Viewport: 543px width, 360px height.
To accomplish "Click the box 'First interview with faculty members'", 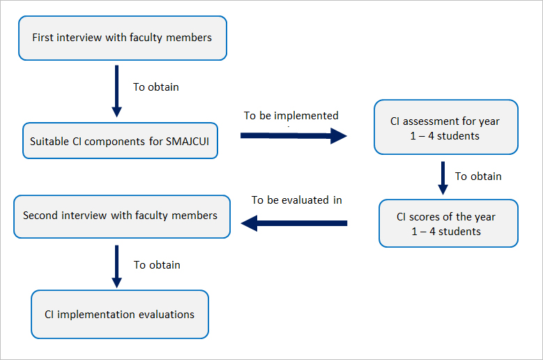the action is click(x=123, y=38).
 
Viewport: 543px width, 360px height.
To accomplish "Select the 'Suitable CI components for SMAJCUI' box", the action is click(x=120, y=141).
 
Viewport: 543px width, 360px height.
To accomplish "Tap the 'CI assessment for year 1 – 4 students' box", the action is click(x=446, y=127).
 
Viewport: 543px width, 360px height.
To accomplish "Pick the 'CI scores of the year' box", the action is click(x=448, y=223).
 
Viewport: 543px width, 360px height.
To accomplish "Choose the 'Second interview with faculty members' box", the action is click(x=122, y=216).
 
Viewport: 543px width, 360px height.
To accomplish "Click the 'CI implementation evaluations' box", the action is click(x=120, y=314).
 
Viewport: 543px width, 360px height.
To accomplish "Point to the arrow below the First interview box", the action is click(x=116, y=91).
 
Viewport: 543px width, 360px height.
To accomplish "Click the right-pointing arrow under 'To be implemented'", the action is click(x=293, y=136).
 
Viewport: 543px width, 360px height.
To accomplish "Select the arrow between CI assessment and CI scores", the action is click(x=443, y=178).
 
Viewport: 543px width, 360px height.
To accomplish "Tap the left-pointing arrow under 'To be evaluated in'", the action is click(x=294, y=223).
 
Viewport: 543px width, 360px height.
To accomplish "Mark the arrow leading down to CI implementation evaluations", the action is click(x=116, y=267).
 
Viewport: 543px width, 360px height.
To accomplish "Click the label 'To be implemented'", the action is click(x=291, y=115).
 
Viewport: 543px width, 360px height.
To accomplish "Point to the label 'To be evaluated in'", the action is click(x=297, y=200).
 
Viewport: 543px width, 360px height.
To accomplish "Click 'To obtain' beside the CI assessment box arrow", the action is click(x=478, y=177).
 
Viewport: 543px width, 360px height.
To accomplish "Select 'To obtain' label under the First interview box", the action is click(x=156, y=87).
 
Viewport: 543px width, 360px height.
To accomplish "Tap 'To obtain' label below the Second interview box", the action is click(x=158, y=265).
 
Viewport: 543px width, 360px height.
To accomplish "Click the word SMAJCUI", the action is click(x=188, y=142).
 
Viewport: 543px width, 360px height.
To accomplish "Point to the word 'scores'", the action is click(x=430, y=217).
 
